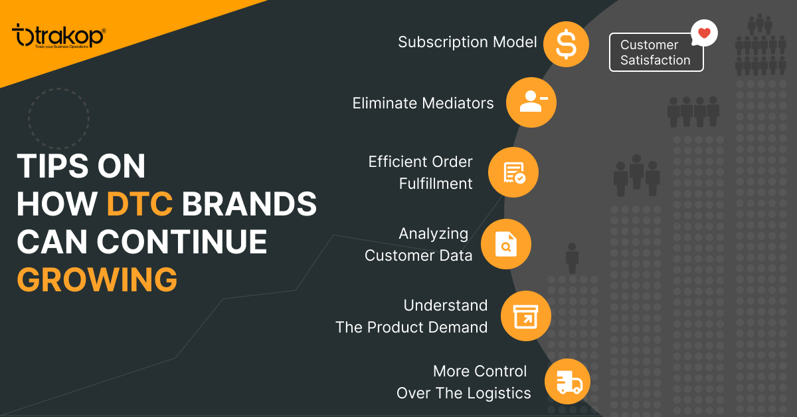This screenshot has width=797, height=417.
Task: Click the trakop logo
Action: pos(59,36)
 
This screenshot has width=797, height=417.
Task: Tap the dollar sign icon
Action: pos(566,44)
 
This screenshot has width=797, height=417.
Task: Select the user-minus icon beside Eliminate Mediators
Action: pos(533,102)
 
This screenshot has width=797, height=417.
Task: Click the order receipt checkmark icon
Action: pos(515,173)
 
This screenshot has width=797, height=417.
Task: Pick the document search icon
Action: pos(506,244)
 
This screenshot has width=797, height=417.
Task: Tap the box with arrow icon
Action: pos(525,316)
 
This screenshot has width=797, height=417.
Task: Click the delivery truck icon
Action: pos(569,382)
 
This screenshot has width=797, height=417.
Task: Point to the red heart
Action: pos(704,33)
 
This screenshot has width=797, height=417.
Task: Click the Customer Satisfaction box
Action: pos(656,53)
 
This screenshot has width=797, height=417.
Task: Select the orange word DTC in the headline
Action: pos(139,204)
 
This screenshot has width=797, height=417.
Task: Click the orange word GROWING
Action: pos(97,279)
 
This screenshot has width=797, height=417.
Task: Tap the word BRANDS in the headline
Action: pos(249,204)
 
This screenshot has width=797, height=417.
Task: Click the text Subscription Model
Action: pos(467,42)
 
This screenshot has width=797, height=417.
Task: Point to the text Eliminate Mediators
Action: pos(423,103)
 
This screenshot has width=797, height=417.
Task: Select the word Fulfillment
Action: pos(436,184)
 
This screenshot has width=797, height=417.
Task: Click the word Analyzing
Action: pos(433,234)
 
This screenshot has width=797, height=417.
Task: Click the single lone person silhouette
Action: pos(572,258)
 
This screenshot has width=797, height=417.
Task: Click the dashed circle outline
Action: pos(58,88)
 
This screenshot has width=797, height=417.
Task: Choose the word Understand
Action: pos(446,305)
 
